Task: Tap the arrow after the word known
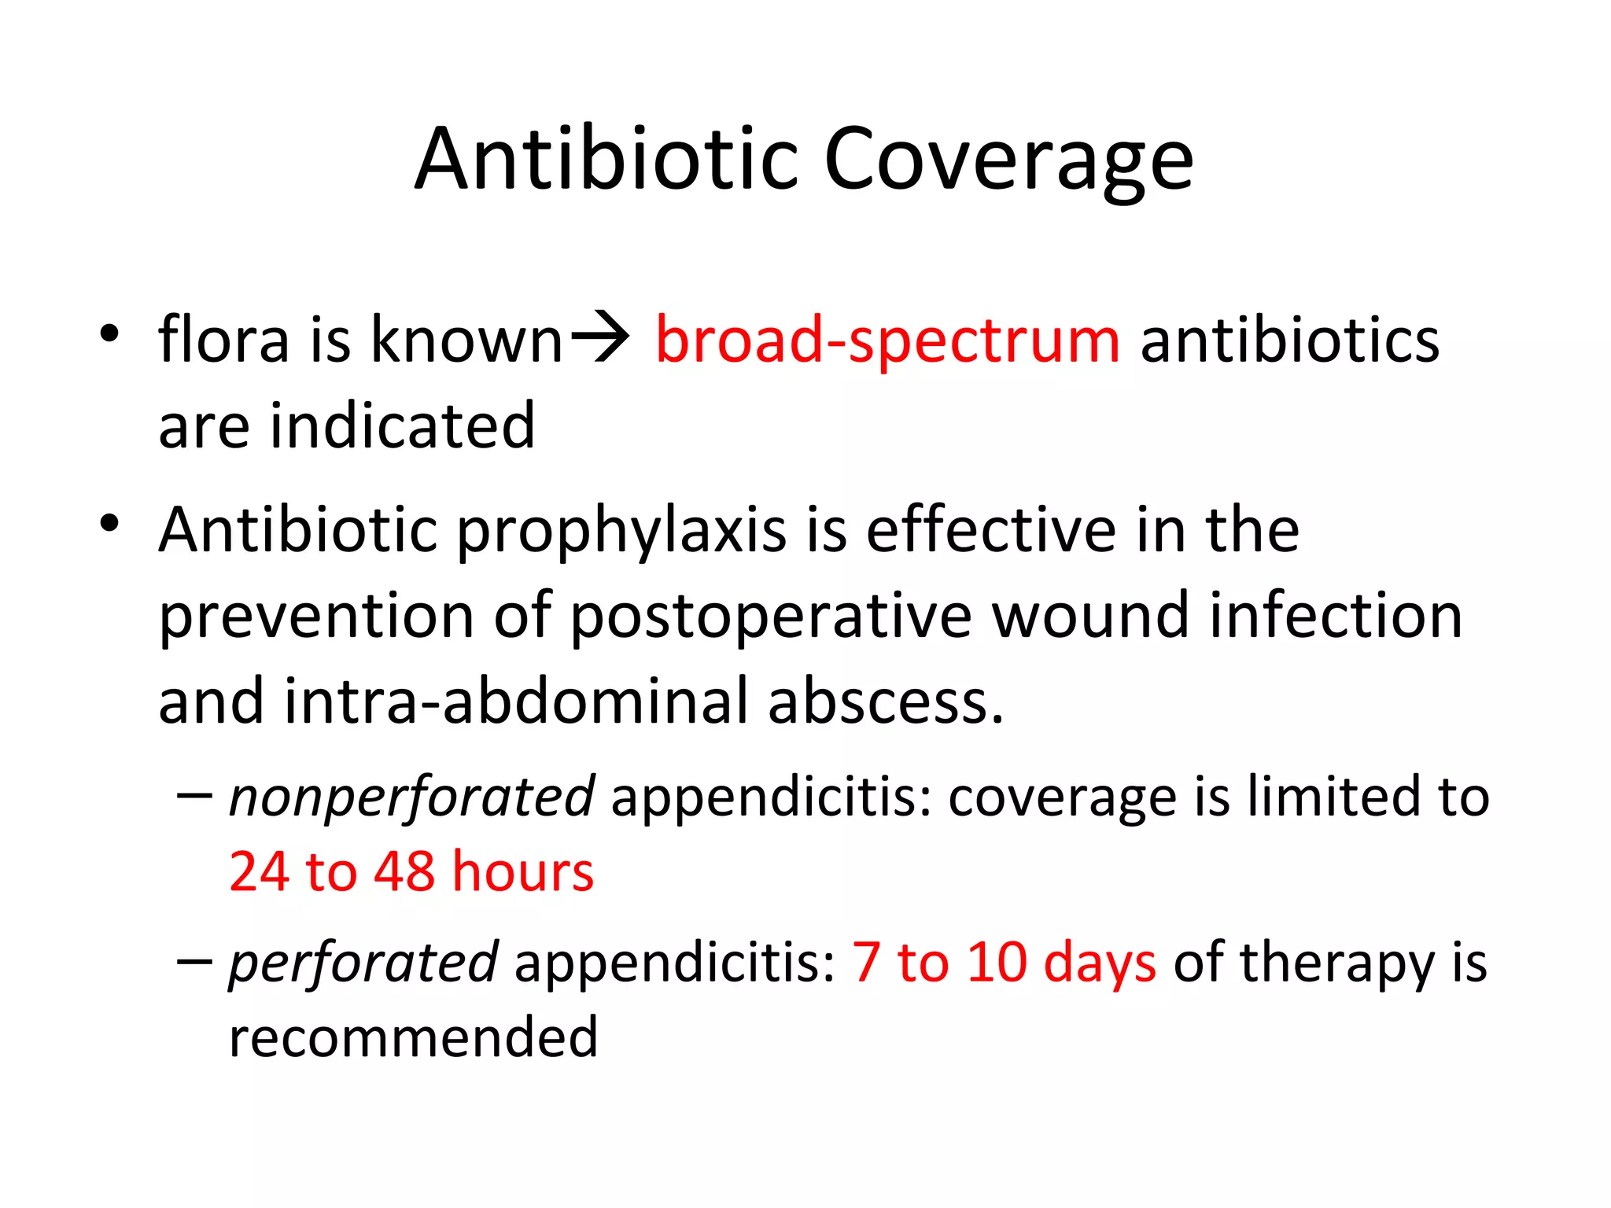pos(599,337)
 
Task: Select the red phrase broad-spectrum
pos(887,341)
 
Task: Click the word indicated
pos(402,425)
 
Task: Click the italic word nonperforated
pos(411,797)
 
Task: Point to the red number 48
pos(404,872)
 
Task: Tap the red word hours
pos(523,872)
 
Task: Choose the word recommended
pos(414,1037)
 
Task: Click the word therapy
pos(1337,964)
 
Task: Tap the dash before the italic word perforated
pos(194,961)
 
